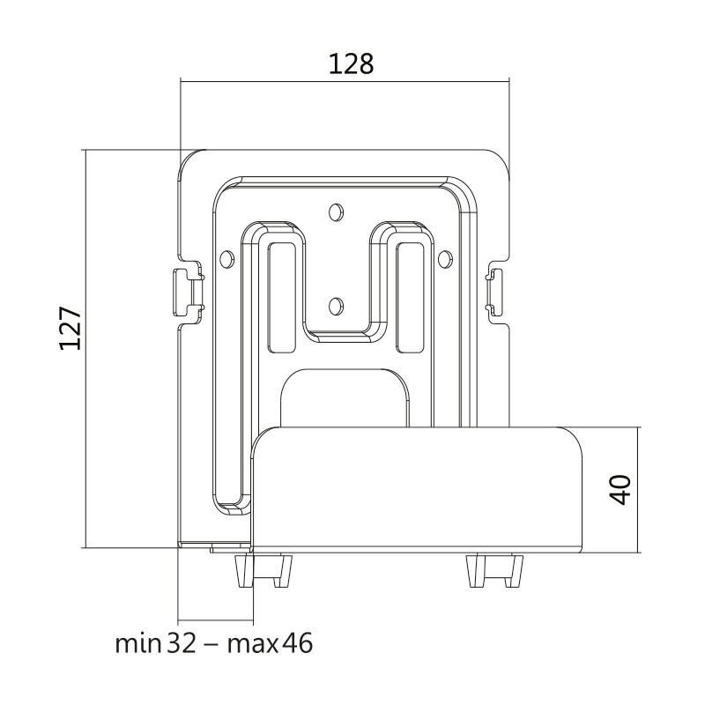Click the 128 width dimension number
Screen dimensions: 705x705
tap(351, 63)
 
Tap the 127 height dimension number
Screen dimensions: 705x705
tap(70, 329)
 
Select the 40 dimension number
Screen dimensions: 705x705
tap(621, 490)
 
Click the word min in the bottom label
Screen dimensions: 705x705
tap(138, 643)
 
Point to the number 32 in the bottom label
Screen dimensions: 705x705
tap(182, 643)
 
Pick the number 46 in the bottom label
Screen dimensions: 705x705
tap(297, 643)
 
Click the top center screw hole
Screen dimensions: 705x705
tap(336, 211)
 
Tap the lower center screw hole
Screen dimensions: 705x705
tap(336, 306)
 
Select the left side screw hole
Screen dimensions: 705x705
tap(228, 258)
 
